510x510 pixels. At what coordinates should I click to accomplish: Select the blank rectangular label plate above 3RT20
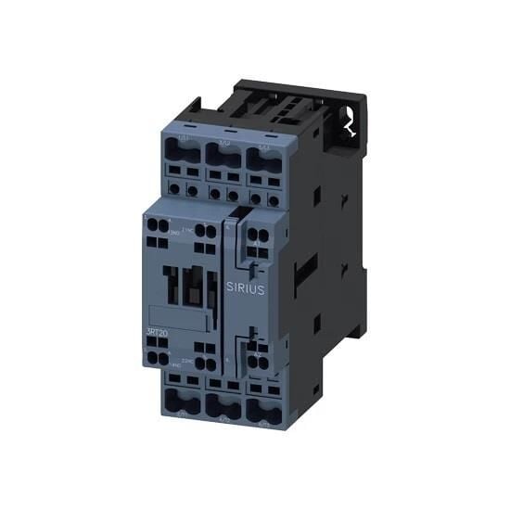click(x=176, y=314)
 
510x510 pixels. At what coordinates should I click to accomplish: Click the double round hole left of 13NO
click(x=154, y=230)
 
